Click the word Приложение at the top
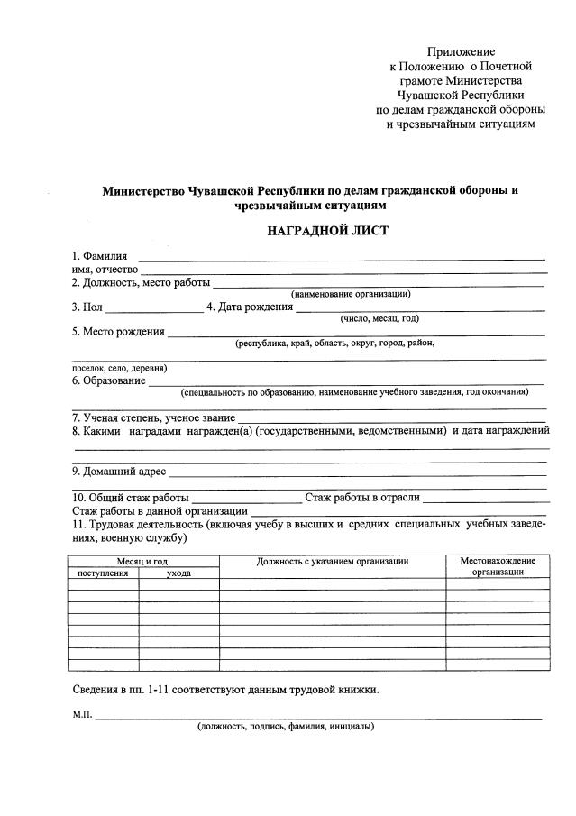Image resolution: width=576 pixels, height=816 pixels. click(461, 51)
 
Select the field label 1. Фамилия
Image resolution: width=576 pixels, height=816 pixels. click(100, 256)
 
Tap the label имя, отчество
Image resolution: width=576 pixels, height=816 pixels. click(104, 269)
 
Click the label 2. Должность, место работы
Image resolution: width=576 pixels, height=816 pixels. click(140, 282)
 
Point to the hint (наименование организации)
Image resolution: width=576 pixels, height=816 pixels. click(351, 294)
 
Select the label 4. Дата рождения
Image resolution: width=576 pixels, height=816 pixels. click(250, 307)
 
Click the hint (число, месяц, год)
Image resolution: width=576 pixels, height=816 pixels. click(379, 318)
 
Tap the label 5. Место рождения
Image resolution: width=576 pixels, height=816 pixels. click(118, 331)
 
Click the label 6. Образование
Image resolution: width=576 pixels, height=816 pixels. click(109, 380)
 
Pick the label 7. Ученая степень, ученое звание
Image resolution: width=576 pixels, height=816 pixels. click(153, 417)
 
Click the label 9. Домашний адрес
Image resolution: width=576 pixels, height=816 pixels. click(119, 471)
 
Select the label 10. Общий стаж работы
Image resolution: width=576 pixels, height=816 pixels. click(131, 498)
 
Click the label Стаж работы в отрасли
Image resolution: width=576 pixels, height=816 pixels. click(362, 498)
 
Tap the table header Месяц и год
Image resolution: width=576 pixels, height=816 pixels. click(143, 561)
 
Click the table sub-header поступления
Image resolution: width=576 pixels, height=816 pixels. click(103, 573)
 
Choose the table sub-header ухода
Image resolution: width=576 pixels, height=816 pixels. click(178, 573)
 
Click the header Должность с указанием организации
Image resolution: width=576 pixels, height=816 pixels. click(333, 561)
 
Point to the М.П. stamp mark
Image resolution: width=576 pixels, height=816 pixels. click(82, 715)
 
